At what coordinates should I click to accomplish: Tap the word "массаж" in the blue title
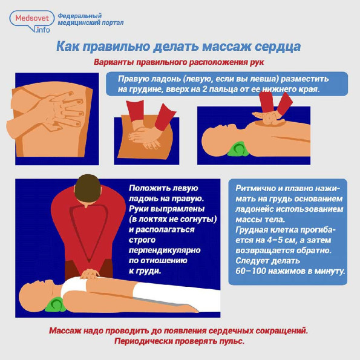pyautogui.click(x=226, y=47)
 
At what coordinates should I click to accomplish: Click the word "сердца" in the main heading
pyautogui.click(x=278, y=47)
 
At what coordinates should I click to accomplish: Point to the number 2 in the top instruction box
pyautogui.click(x=205, y=89)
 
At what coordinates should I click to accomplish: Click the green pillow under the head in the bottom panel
pyautogui.click(x=54, y=305)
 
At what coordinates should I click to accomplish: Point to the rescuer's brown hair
pyautogui.click(x=88, y=188)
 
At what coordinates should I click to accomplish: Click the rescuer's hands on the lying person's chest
pyautogui.click(x=90, y=274)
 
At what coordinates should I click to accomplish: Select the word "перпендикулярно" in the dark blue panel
pyautogui.click(x=165, y=250)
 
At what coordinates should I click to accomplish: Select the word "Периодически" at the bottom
pyautogui.click(x=143, y=341)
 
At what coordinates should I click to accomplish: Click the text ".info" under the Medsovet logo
pyautogui.click(x=42, y=30)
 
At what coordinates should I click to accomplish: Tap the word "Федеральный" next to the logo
pyautogui.click(x=80, y=16)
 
